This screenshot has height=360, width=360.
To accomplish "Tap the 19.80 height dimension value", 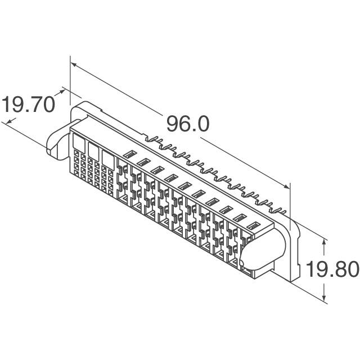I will tap(332, 269).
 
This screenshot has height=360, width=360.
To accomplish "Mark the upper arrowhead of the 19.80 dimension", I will tap(324, 241).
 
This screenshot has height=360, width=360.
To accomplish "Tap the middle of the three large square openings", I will tap(93, 147).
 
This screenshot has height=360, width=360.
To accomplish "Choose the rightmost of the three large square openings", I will tap(107, 156).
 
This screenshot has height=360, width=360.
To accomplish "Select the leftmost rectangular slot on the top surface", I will tap(129, 154).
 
